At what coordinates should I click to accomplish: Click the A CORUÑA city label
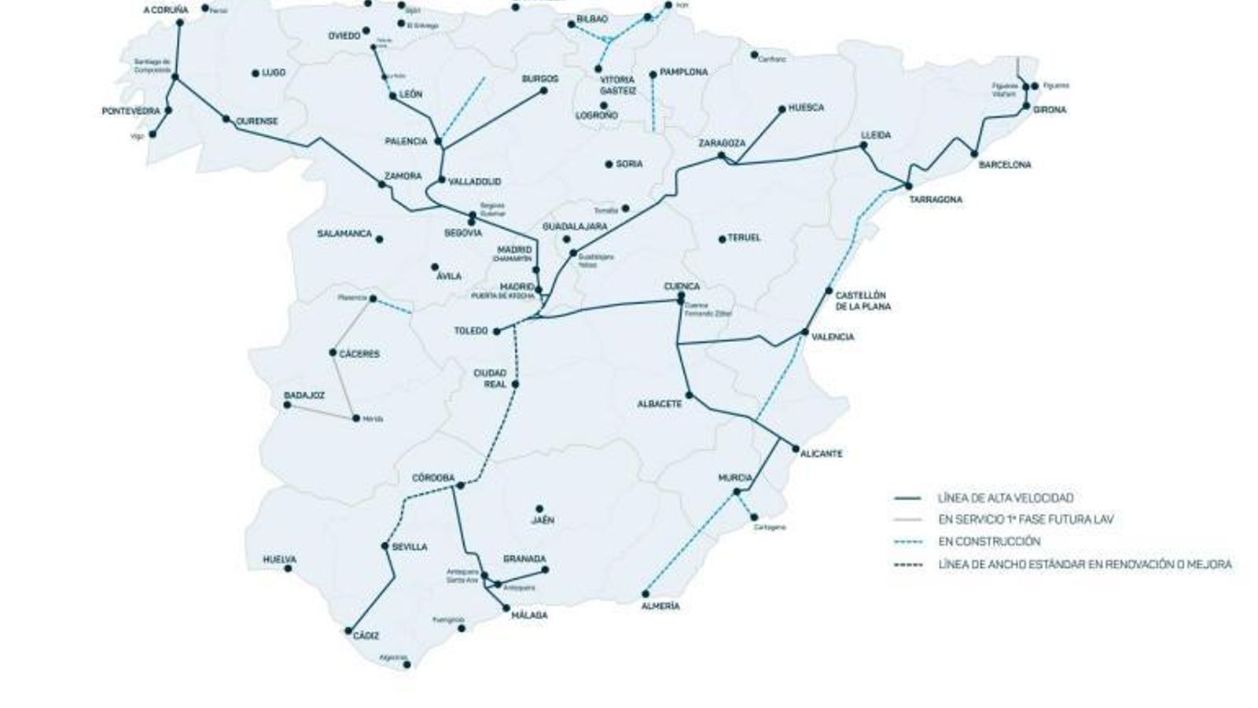coord(166,10)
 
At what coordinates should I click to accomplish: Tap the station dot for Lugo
coord(256,73)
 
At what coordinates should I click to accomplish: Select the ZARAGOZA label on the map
coord(722,143)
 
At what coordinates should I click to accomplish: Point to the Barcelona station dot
coord(975,154)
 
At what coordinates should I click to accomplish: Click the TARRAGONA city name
coord(935,200)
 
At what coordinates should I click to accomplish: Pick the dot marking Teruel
coord(723,238)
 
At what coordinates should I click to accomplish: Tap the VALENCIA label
coord(833,337)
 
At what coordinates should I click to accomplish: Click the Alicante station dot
coord(796,449)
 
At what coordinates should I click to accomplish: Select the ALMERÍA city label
coord(660,607)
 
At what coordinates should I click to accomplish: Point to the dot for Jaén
coord(539,509)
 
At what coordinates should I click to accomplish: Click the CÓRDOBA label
coord(433,478)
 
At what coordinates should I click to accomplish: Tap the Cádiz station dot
coord(348,631)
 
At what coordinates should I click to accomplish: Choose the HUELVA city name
coord(279,559)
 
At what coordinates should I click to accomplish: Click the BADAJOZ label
coord(304,396)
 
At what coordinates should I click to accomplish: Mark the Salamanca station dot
coord(380,239)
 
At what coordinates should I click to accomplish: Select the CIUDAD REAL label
coord(489,378)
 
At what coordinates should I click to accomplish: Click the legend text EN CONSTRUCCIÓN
coord(989,541)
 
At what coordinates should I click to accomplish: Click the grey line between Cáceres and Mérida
coord(344,385)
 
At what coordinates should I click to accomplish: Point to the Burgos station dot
coord(543,90)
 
